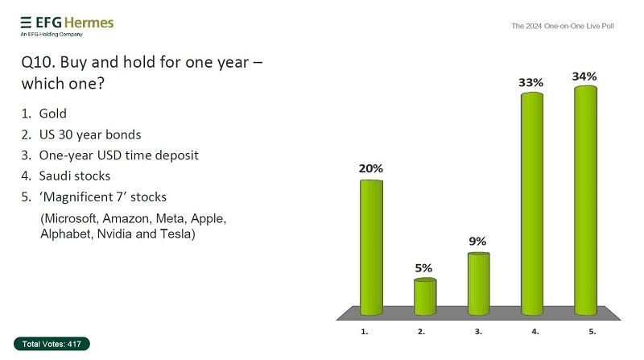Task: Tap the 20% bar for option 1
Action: (x=371, y=246)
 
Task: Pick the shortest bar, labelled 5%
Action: (x=425, y=296)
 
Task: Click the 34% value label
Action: (x=585, y=77)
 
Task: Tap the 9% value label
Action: (x=478, y=241)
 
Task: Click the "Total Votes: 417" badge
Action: (x=52, y=344)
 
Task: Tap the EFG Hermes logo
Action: (x=66, y=24)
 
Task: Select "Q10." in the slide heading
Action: (x=36, y=61)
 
